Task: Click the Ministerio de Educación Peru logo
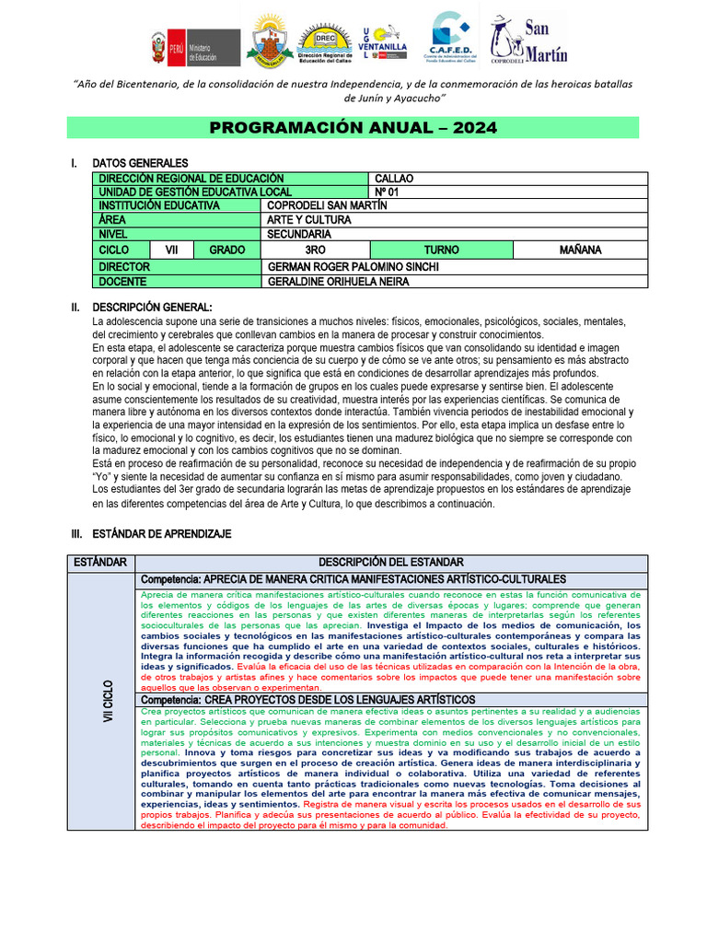coord(194,46)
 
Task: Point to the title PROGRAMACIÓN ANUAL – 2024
coord(353,127)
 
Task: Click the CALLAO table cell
coord(395,179)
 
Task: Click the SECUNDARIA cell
coord(298,234)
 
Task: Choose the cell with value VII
coord(172,250)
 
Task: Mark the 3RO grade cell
coord(316,250)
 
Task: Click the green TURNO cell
coord(441,250)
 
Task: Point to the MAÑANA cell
coord(580,250)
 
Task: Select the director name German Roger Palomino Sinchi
coord(353,266)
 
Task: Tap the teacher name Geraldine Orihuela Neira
coord(338,281)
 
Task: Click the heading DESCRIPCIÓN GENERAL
coord(152,307)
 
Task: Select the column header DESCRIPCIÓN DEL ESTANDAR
coord(391,562)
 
